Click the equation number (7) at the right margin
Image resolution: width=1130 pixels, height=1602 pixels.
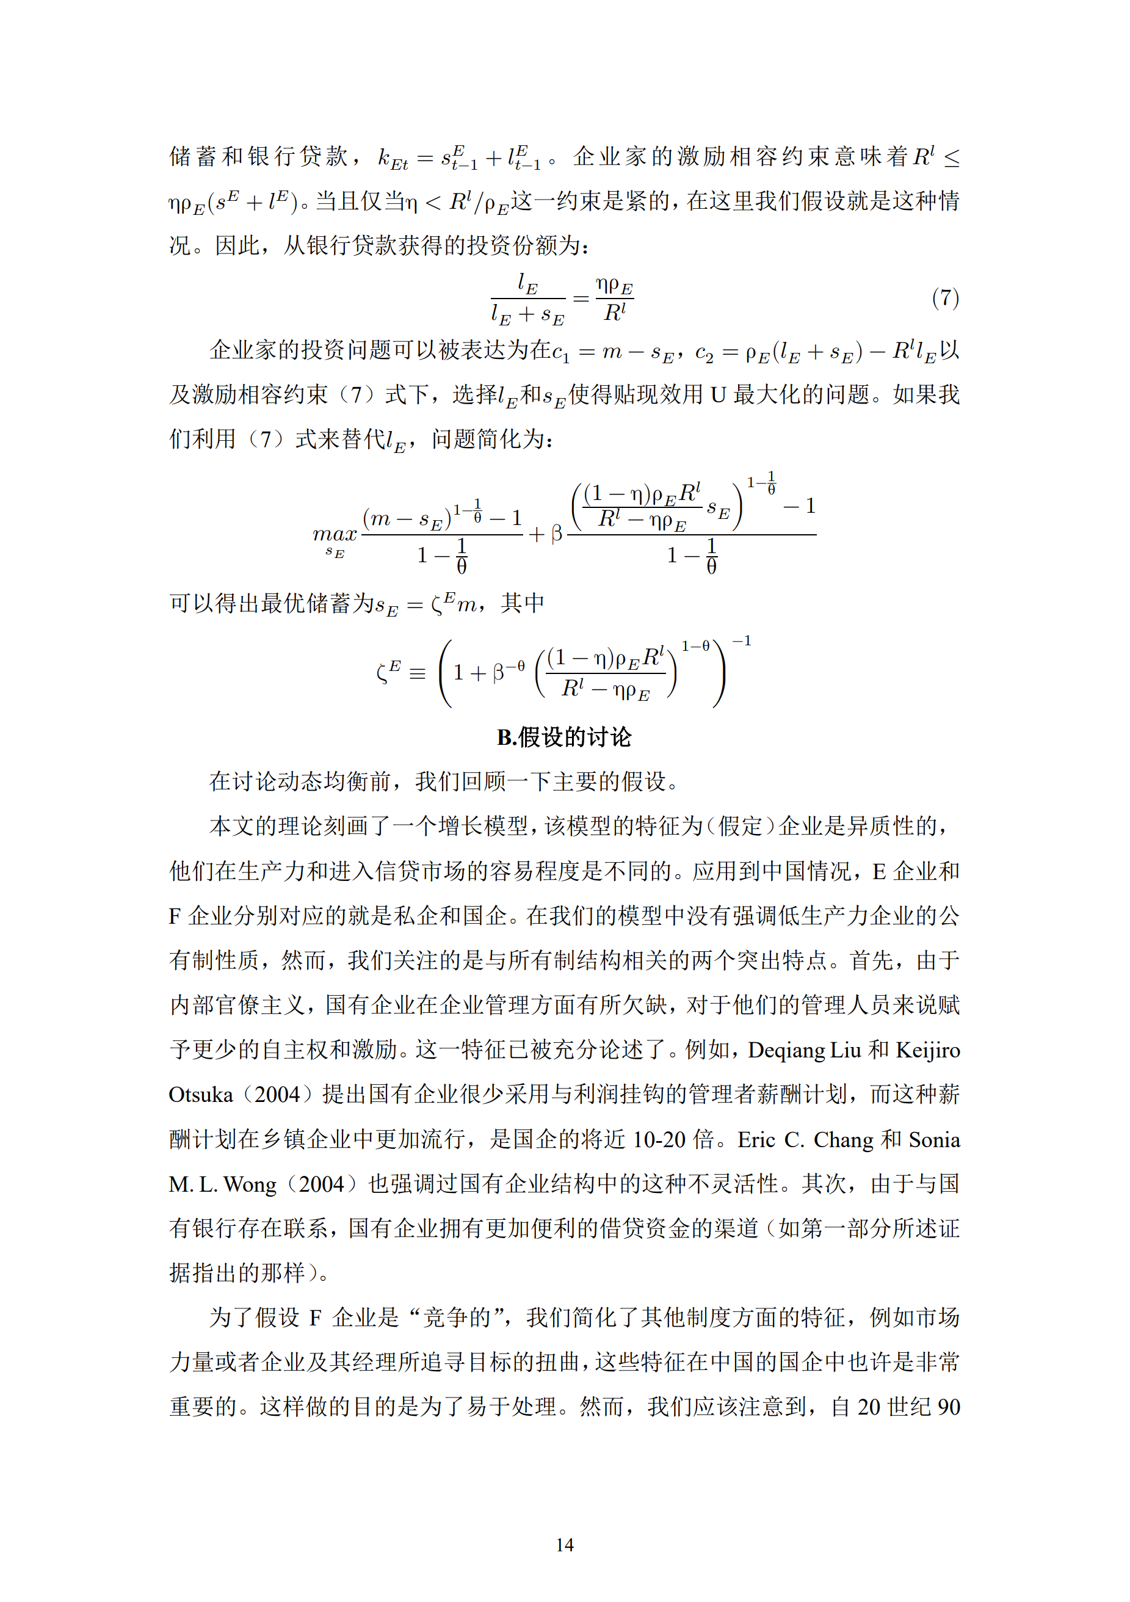pyautogui.click(x=945, y=298)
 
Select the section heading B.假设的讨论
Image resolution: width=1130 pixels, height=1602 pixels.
pyautogui.click(x=564, y=737)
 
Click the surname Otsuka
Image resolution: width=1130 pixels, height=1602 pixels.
pyautogui.click(x=201, y=1094)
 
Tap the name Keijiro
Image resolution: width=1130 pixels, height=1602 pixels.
pyautogui.click(x=928, y=1049)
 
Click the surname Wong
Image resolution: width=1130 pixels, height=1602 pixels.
pyautogui.click(x=250, y=1184)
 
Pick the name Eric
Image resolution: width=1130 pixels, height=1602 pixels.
pyautogui.click(x=756, y=1139)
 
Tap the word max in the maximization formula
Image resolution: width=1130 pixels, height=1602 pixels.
pyautogui.click(x=335, y=534)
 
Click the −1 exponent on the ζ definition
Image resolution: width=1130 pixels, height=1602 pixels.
pyautogui.click(x=742, y=641)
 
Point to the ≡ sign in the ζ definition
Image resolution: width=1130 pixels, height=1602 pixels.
pyautogui.click(x=417, y=674)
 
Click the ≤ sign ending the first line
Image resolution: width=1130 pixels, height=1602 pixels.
pyautogui.click(x=951, y=158)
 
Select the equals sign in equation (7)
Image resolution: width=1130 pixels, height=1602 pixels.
pyautogui.click(x=581, y=299)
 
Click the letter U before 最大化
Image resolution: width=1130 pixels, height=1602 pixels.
pyautogui.click(x=719, y=395)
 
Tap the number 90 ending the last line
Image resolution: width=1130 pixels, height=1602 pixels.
pyautogui.click(x=948, y=1407)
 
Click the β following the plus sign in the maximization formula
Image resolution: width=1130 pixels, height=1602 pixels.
pyautogui.click(x=557, y=534)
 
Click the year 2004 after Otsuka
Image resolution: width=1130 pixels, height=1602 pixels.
pyautogui.click(x=277, y=1094)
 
